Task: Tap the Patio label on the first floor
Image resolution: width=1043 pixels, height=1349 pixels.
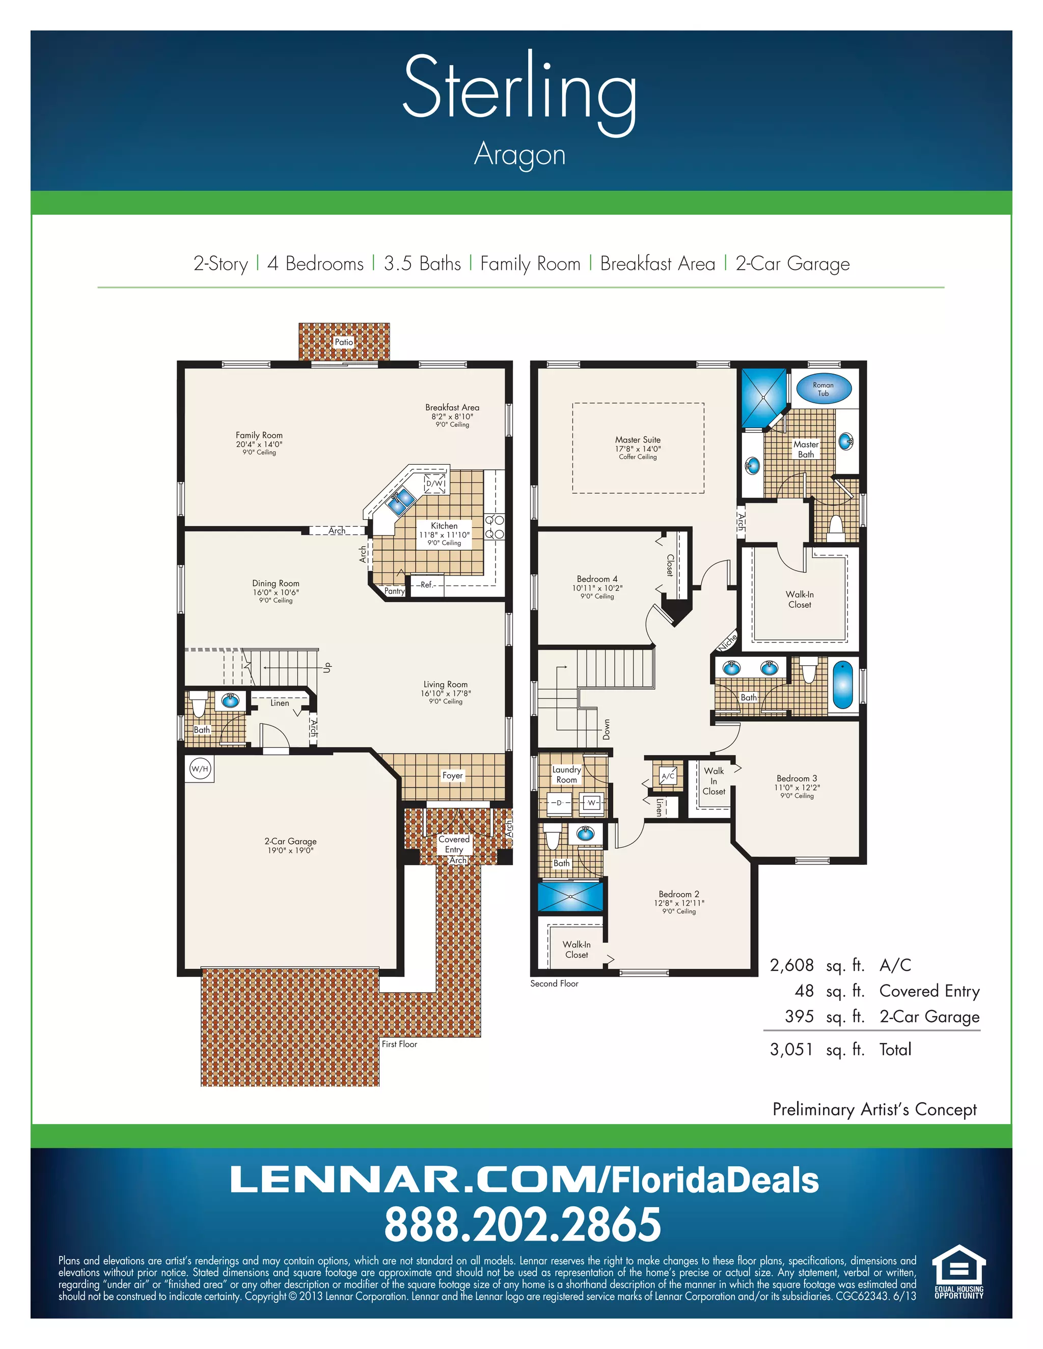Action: click(x=344, y=342)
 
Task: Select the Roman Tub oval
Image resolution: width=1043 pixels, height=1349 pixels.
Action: click(x=823, y=389)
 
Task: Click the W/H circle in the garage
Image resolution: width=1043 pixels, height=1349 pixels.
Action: click(x=200, y=769)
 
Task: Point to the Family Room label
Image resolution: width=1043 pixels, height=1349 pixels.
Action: click(x=259, y=435)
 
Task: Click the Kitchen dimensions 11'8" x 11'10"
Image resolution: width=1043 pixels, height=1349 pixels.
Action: click(x=444, y=535)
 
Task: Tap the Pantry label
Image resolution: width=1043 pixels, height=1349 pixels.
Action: click(x=394, y=591)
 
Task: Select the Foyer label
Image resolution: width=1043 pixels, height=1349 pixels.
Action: click(x=452, y=775)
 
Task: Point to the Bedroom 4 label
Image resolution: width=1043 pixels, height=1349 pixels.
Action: click(x=597, y=579)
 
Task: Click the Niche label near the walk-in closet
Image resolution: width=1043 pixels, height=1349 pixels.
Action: click(x=727, y=642)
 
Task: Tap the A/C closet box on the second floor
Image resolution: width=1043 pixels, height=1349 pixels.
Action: click(x=668, y=776)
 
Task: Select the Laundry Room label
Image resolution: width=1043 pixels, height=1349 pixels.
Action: click(x=567, y=775)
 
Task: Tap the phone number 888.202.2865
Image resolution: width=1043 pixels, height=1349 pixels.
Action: click(x=522, y=1225)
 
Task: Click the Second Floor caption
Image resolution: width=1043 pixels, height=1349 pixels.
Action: click(x=554, y=983)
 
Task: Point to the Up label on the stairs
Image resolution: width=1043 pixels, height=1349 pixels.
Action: click(x=328, y=667)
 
